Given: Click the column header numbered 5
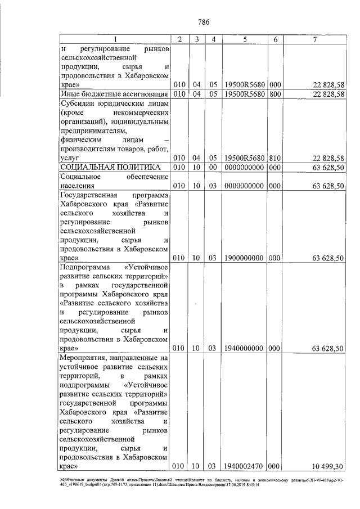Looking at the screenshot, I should coord(245,39).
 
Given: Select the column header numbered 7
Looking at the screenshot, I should coord(314,39).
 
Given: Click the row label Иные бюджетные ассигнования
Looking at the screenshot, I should coord(115,93).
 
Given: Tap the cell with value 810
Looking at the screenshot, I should coord(276,158).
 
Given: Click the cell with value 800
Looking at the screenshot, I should coord(276,93).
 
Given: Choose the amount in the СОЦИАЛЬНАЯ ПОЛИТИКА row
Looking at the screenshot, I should coord(327,168).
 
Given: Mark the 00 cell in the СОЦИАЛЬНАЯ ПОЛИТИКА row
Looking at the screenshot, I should coord(213,168).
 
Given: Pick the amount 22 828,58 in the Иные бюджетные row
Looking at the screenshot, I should coord(327,93).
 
